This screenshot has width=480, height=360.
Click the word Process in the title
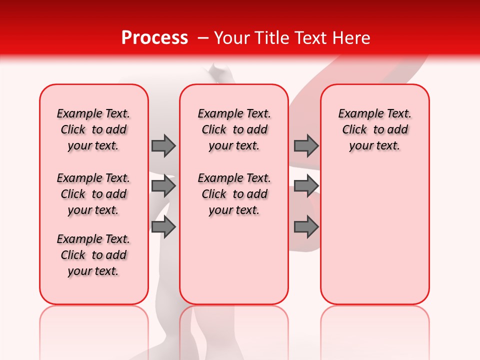click(154, 38)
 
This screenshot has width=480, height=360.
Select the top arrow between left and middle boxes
click(163, 145)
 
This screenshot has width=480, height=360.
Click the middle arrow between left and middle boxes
click(163, 186)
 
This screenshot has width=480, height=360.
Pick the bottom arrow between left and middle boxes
click(163, 227)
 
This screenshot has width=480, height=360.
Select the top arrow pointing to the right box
click(306, 145)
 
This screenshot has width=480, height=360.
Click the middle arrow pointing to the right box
click(306, 186)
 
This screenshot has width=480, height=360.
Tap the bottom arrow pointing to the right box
click(306, 227)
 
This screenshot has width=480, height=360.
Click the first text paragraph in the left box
click(93, 129)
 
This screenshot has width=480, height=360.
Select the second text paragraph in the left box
click(93, 194)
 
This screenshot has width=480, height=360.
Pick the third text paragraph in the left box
click(93, 255)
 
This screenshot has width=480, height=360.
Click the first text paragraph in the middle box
click(234, 129)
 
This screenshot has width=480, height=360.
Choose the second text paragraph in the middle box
click(234, 194)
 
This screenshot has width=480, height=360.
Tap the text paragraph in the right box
click(375, 129)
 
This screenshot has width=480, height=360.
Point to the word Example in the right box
click(358, 114)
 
